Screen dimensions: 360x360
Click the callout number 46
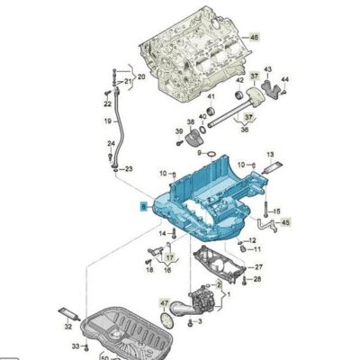tap(253, 37)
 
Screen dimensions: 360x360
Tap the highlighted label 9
tap(142, 205)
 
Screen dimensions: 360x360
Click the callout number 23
tap(128, 169)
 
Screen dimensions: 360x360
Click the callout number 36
tap(245, 128)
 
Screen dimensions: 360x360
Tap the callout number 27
tap(258, 266)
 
